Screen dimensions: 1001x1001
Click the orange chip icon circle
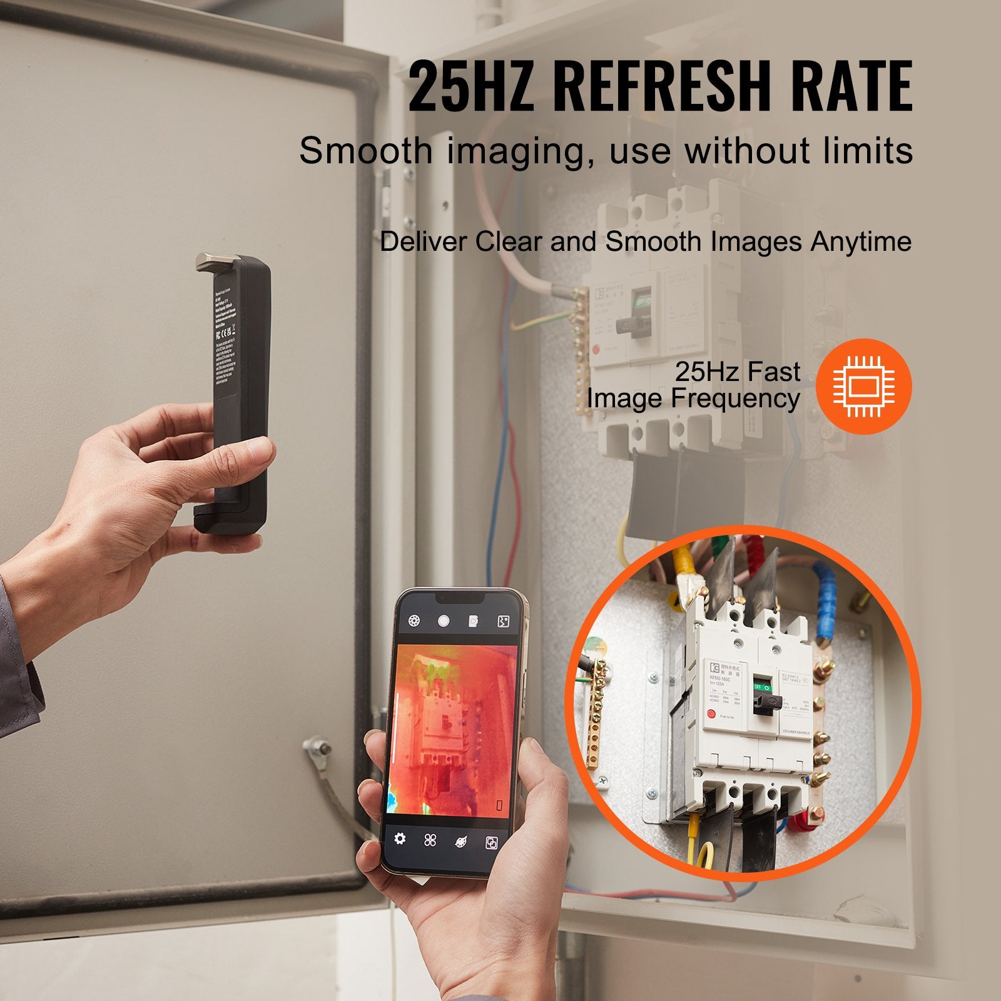tap(864, 386)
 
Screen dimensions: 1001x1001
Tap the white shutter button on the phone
tap(444, 621)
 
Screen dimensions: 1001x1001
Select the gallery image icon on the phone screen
tap(474, 621)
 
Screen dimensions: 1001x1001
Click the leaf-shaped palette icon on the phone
tap(460, 841)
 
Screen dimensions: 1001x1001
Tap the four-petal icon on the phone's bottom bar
tap(430, 840)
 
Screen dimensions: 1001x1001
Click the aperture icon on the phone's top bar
tap(414, 621)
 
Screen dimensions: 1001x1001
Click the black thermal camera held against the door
tap(233, 394)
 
